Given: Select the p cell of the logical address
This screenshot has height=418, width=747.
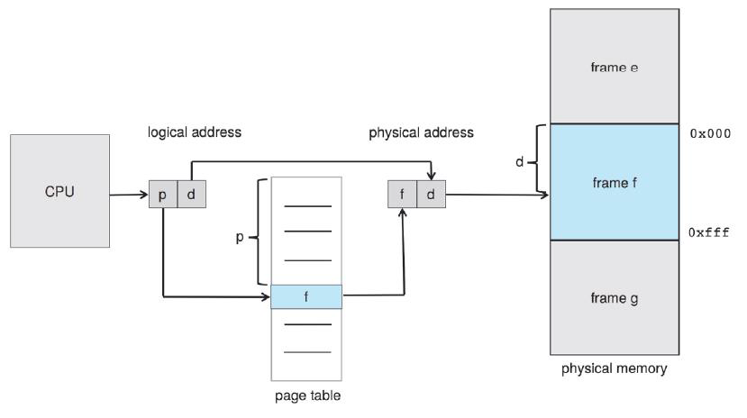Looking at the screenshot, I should (x=163, y=195).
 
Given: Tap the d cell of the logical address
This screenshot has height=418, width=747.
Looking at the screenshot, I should (x=191, y=195).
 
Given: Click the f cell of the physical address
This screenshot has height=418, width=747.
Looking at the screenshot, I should (x=402, y=195).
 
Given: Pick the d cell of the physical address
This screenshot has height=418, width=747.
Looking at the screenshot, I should (x=431, y=195).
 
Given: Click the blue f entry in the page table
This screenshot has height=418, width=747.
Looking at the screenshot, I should (x=306, y=295).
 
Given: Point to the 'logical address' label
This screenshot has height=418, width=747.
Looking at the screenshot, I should (x=195, y=132).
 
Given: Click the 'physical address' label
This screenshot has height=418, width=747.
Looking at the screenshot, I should (x=421, y=132).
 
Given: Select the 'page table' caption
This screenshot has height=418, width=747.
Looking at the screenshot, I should (x=307, y=395).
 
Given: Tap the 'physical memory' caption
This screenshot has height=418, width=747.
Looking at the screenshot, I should (x=614, y=368).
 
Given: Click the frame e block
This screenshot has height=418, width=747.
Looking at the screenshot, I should (x=614, y=67).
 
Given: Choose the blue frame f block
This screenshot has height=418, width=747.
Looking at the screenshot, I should (x=614, y=182).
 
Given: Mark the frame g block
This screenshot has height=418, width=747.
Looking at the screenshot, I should (x=614, y=296).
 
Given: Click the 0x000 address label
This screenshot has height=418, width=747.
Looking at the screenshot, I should (x=709, y=134).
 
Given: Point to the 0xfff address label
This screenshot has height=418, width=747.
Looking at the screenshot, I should (x=709, y=232).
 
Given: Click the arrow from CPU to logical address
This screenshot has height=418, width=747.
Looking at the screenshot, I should (x=129, y=195).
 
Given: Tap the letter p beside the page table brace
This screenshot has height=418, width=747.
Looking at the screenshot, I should (x=241, y=238).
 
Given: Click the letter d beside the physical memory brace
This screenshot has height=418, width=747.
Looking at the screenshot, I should (x=519, y=162).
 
